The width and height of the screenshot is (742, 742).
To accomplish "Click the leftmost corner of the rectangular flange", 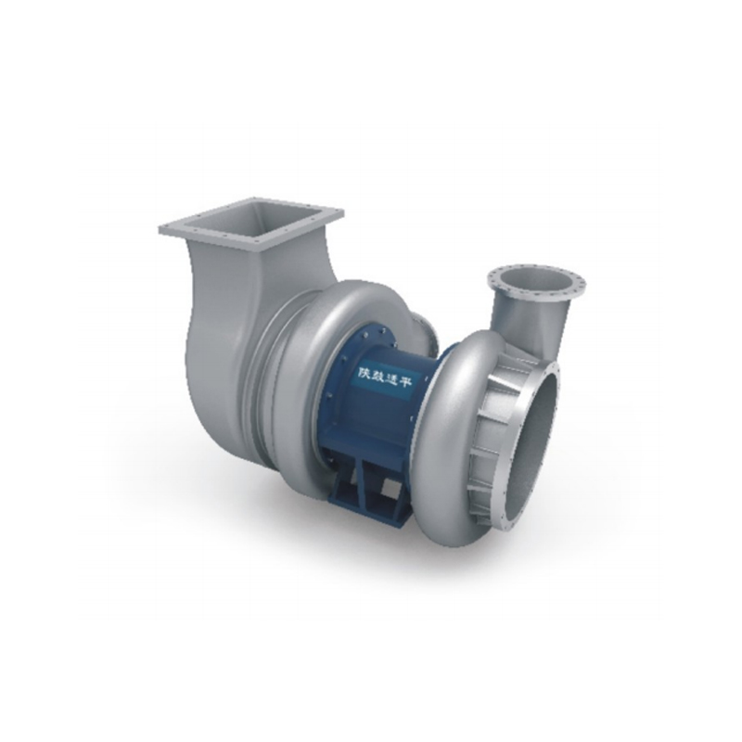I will (x=161, y=227).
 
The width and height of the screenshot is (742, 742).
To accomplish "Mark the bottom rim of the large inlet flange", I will (x=505, y=524).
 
